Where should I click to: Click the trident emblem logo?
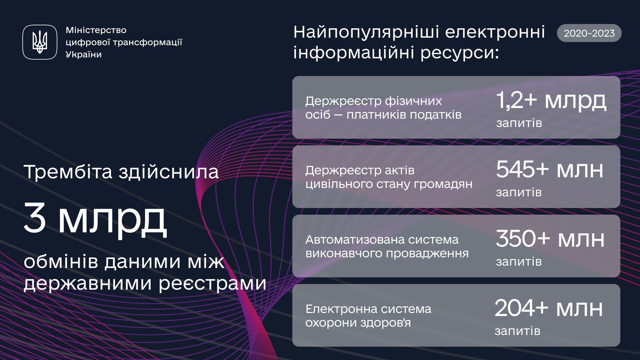[x=40, y=42]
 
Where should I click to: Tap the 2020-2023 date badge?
[x=589, y=33]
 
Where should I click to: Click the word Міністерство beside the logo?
[x=96, y=30]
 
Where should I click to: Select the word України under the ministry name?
[x=84, y=54]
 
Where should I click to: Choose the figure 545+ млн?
[x=550, y=169]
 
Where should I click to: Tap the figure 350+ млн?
[x=550, y=239]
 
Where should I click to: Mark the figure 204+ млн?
[x=549, y=308]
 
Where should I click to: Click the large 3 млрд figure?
[x=95, y=220]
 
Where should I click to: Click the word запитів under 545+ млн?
[x=519, y=193]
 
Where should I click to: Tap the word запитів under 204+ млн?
[x=518, y=331]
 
